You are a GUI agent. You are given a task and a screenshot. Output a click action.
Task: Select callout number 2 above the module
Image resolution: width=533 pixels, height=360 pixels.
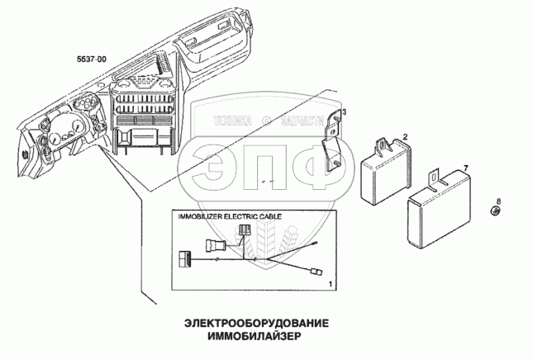(405, 136)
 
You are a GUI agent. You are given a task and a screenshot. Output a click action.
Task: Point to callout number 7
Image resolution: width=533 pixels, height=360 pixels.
(465, 168)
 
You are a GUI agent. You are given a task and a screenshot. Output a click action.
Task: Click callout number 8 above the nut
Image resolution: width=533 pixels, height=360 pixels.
(499, 201)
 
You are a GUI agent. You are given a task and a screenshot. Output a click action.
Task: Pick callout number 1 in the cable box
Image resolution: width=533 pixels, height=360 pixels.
(331, 283)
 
